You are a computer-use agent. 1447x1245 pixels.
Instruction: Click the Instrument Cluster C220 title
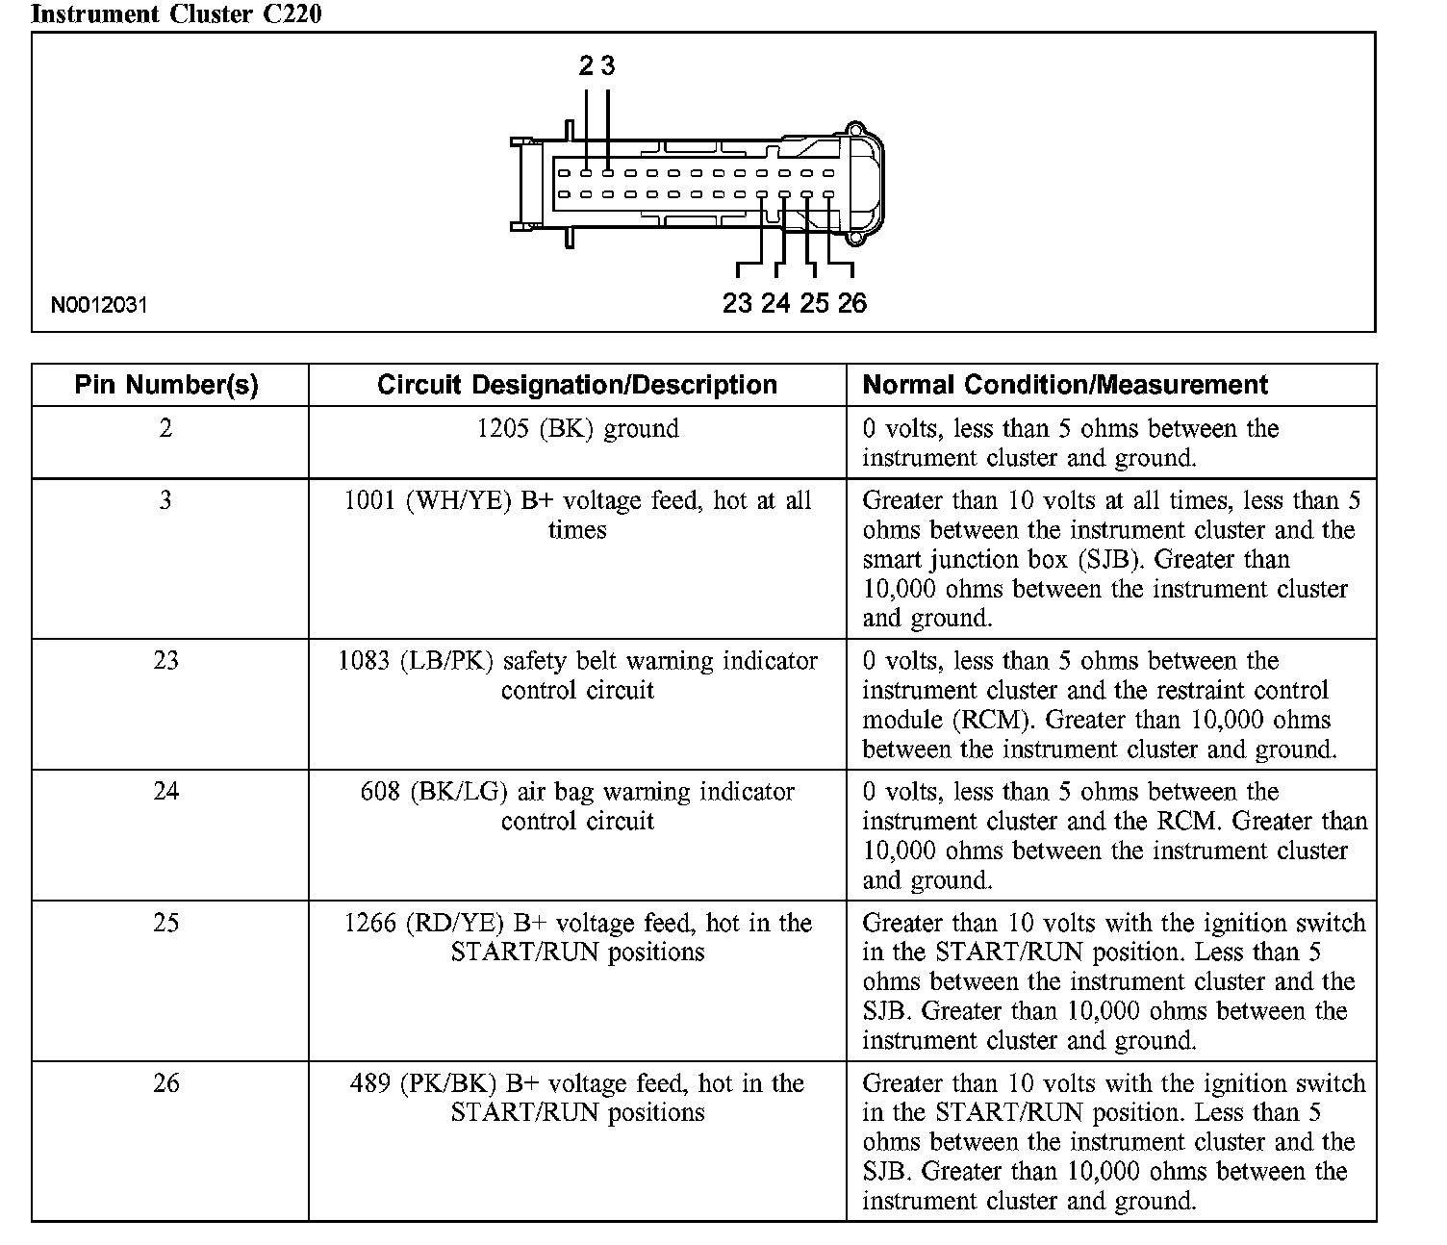(x=176, y=13)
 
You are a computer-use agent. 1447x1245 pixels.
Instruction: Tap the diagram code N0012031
(x=100, y=306)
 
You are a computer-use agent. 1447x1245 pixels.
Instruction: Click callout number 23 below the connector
(x=737, y=303)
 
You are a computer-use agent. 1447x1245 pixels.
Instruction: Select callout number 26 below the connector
(x=851, y=303)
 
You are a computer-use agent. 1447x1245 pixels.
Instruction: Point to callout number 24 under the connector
(x=775, y=303)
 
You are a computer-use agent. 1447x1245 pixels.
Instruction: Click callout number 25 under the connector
(x=814, y=303)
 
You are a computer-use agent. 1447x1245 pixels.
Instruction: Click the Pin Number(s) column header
(x=166, y=385)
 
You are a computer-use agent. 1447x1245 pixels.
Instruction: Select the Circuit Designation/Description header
(x=576, y=385)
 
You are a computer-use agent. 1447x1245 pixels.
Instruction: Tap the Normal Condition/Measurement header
(x=1064, y=385)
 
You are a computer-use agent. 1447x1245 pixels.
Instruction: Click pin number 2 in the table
(x=165, y=428)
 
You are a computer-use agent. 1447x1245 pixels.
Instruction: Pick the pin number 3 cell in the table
(x=165, y=500)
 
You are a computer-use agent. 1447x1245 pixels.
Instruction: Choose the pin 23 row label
(x=165, y=660)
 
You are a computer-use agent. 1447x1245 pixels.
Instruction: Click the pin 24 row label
(x=165, y=791)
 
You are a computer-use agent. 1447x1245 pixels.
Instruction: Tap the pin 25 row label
(x=165, y=923)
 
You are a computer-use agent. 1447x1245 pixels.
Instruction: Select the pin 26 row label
(x=165, y=1083)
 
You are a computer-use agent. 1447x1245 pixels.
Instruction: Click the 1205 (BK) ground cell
(x=577, y=428)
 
